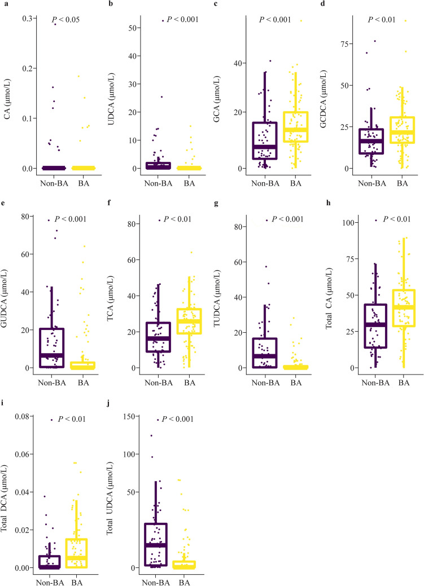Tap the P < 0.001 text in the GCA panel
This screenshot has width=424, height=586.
pyautogui.click(x=275, y=20)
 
